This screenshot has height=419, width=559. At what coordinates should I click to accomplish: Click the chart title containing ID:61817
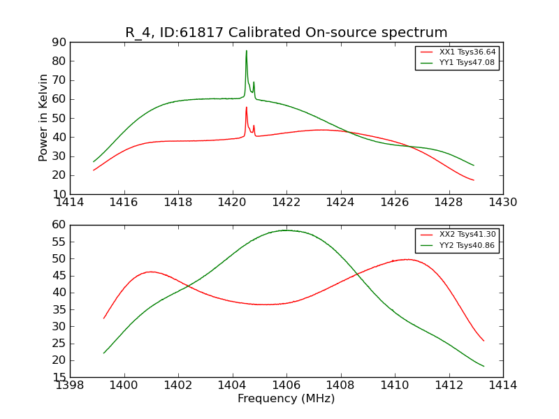(x=286, y=32)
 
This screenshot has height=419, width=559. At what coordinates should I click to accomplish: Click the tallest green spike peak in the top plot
(x=246, y=50)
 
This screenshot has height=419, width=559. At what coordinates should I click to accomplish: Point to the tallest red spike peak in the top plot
(x=246, y=107)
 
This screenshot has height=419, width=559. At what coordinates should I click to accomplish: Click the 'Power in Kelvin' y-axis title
(x=43, y=117)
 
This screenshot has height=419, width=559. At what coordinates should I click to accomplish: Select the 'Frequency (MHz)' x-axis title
(x=286, y=399)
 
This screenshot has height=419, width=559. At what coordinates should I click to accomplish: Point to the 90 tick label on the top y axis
(x=59, y=42)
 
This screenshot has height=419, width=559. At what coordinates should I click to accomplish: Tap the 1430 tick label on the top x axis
(x=502, y=203)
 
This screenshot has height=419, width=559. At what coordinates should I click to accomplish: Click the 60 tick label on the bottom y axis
(x=59, y=225)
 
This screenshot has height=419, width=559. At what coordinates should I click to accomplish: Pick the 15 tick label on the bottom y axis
(x=59, y=377)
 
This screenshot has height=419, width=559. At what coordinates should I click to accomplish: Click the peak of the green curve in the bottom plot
(x=285, y=230)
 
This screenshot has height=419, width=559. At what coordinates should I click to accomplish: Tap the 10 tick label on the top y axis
(x=59, y=194)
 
